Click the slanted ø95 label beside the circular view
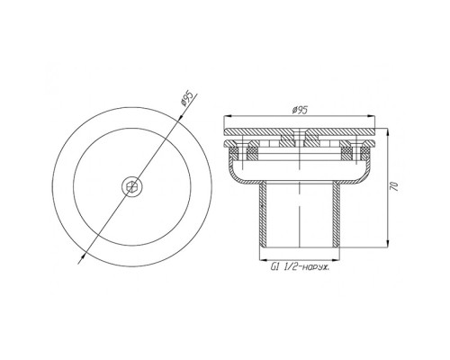click(x=187, y=98)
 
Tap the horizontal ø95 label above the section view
click(x=300, y=111)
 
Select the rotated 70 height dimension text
click(x=394, y=186)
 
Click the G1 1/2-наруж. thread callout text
click(x=300, y=266)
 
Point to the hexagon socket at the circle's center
click(x=131, y=187)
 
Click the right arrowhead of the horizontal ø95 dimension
click(x=371, y=116)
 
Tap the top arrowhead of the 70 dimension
click(x=388, y=133)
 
